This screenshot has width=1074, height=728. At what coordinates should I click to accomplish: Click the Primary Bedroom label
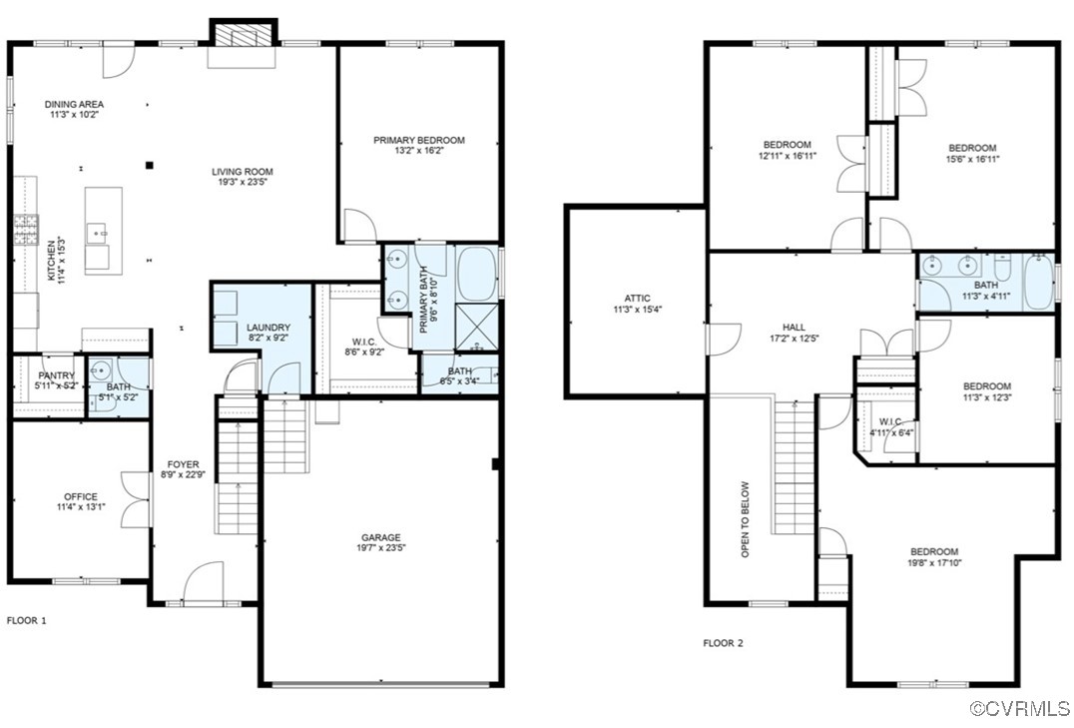(419, 141)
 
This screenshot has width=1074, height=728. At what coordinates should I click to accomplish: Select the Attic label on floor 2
(637, 298)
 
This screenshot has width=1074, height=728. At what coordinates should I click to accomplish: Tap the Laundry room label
(268, 328)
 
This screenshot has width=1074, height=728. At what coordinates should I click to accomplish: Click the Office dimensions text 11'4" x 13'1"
(81, 507)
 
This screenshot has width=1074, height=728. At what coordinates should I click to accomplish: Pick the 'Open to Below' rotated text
(745, 519)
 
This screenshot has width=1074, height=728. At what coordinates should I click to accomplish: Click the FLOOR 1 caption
(27, 620)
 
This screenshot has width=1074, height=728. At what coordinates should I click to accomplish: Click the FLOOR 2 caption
(723, 643)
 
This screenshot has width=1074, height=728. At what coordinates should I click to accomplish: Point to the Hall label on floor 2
(794, 327)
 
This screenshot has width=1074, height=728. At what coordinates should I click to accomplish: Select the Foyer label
(183, 464)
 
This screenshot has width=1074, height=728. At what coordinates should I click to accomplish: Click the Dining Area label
(75, 104)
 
